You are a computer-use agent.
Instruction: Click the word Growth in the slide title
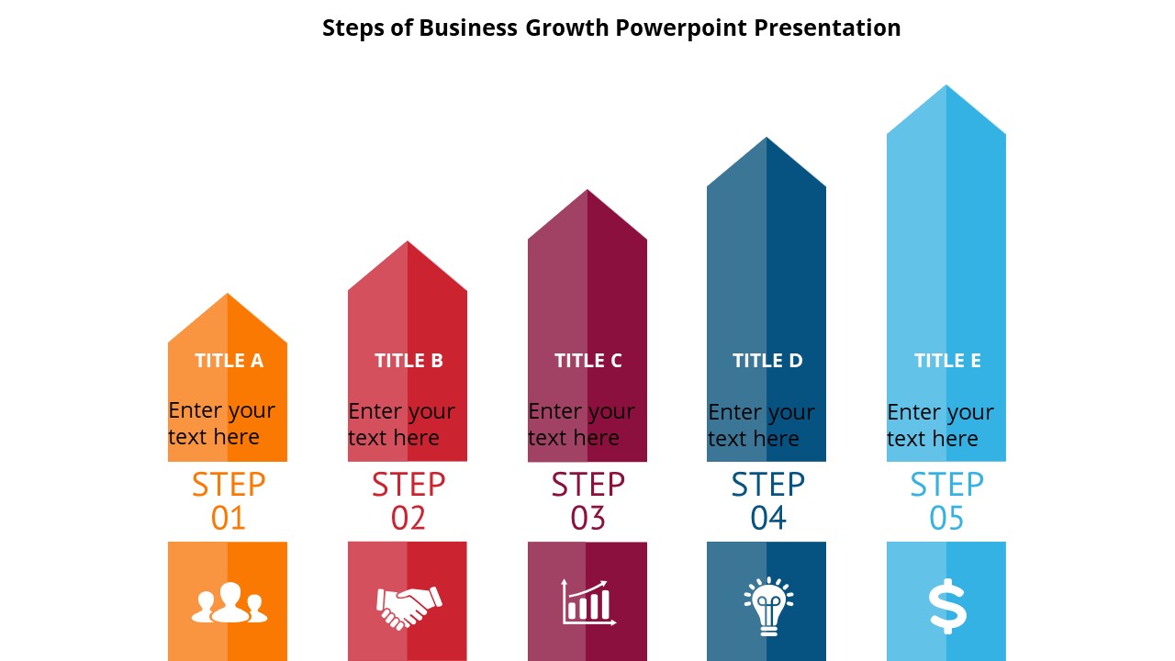point(566,28)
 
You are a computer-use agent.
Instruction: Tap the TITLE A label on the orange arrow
point(229,361)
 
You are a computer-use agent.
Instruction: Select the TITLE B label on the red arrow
point(408,361)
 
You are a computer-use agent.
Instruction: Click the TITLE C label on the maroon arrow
point(587,361)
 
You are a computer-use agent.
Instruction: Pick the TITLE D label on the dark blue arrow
point(767,361)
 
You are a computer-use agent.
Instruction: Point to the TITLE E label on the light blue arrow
point(947,361)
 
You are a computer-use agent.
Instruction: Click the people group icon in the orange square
point(229,603)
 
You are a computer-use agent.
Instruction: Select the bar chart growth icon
point(587,602)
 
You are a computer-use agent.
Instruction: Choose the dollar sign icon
point(947,607)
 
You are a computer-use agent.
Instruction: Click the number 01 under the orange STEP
point(229,519)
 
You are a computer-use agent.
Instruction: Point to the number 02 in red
point(408,519)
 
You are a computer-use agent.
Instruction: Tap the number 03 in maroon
point(587,519)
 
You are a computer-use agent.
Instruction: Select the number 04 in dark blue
point(767,519)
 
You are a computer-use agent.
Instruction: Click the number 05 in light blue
point(946,519)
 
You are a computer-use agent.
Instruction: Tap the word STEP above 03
point(587,484)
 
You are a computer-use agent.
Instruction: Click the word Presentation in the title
point(827,28)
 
